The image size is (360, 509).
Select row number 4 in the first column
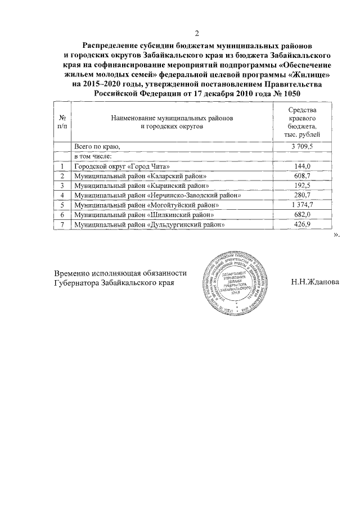[x=61, y=196]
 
